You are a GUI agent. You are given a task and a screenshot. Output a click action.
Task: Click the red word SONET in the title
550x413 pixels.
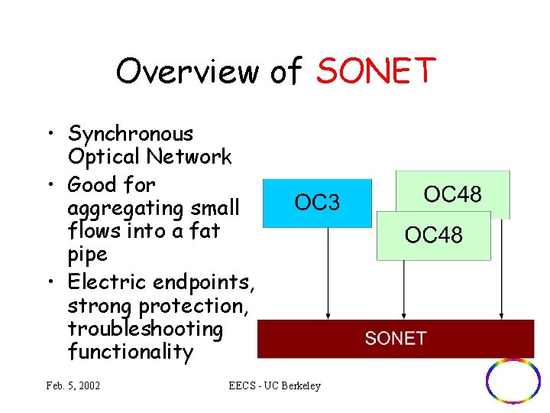coord(376,71)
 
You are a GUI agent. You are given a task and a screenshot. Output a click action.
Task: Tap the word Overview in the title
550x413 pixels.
coord(187,71)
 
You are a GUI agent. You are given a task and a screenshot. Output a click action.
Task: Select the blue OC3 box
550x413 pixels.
coord(317,203)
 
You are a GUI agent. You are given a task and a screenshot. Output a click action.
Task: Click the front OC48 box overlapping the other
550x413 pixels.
coord(433,235)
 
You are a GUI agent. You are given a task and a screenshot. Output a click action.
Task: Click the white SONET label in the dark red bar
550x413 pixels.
coord(395,339)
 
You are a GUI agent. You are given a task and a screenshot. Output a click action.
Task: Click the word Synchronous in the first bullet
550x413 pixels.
coord(131,134)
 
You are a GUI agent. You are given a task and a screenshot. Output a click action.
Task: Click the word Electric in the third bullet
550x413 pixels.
coord(108,282)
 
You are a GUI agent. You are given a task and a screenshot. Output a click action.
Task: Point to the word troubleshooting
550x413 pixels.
coord(145,329)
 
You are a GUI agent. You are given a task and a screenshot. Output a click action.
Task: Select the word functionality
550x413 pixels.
coord(130,352)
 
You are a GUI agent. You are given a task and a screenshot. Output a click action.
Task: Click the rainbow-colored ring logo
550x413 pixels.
coord(513,380)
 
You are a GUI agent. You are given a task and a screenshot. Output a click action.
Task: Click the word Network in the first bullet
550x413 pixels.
coord(191,157)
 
